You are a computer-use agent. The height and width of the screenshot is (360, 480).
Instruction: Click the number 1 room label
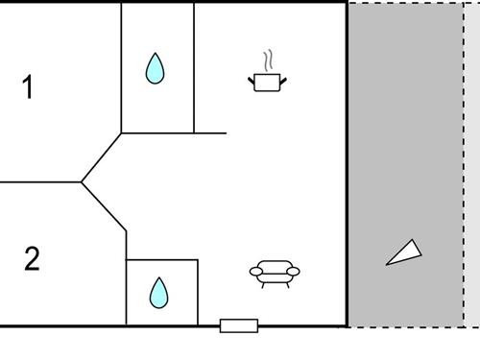pyautogui.click(x=28, y=87)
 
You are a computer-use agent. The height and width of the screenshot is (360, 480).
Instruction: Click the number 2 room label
pyautogui.click(x=32, y=259)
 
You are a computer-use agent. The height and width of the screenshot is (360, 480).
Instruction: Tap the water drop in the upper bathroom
pyautogui.click(x=155, y=68)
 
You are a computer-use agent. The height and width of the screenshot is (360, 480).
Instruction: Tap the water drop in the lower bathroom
pyautogui.click(x=159, y=292)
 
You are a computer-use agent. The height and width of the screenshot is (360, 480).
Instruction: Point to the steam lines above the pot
pyautogui.click(x=269, y=60)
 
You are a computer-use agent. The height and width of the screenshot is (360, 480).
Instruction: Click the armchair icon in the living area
pyautogui.click(x=275, y=275)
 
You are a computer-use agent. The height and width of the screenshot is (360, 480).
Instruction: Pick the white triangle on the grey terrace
pyautogui.click(x=404, y=252)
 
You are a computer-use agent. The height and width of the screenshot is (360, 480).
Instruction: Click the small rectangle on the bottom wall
pyautogui.click(x=239, y=325)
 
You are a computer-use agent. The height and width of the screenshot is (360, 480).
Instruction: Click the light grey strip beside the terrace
pyautogui.click(x=471, y=163)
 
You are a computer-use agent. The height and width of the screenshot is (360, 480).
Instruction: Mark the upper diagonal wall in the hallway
pyautogui.click(x=102, y=156)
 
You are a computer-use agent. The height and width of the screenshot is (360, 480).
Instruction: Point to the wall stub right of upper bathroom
pyautogui.click(x=211, y=132)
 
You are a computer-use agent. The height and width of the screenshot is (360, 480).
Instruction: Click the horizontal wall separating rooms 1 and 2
pyautogui.click(x=40, y=181)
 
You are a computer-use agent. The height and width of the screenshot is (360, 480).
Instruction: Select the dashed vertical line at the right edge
pyautogui.click(x=465, y=163)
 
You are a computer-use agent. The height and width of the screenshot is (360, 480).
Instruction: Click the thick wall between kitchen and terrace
pyautogui.click(x=346, y=163)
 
